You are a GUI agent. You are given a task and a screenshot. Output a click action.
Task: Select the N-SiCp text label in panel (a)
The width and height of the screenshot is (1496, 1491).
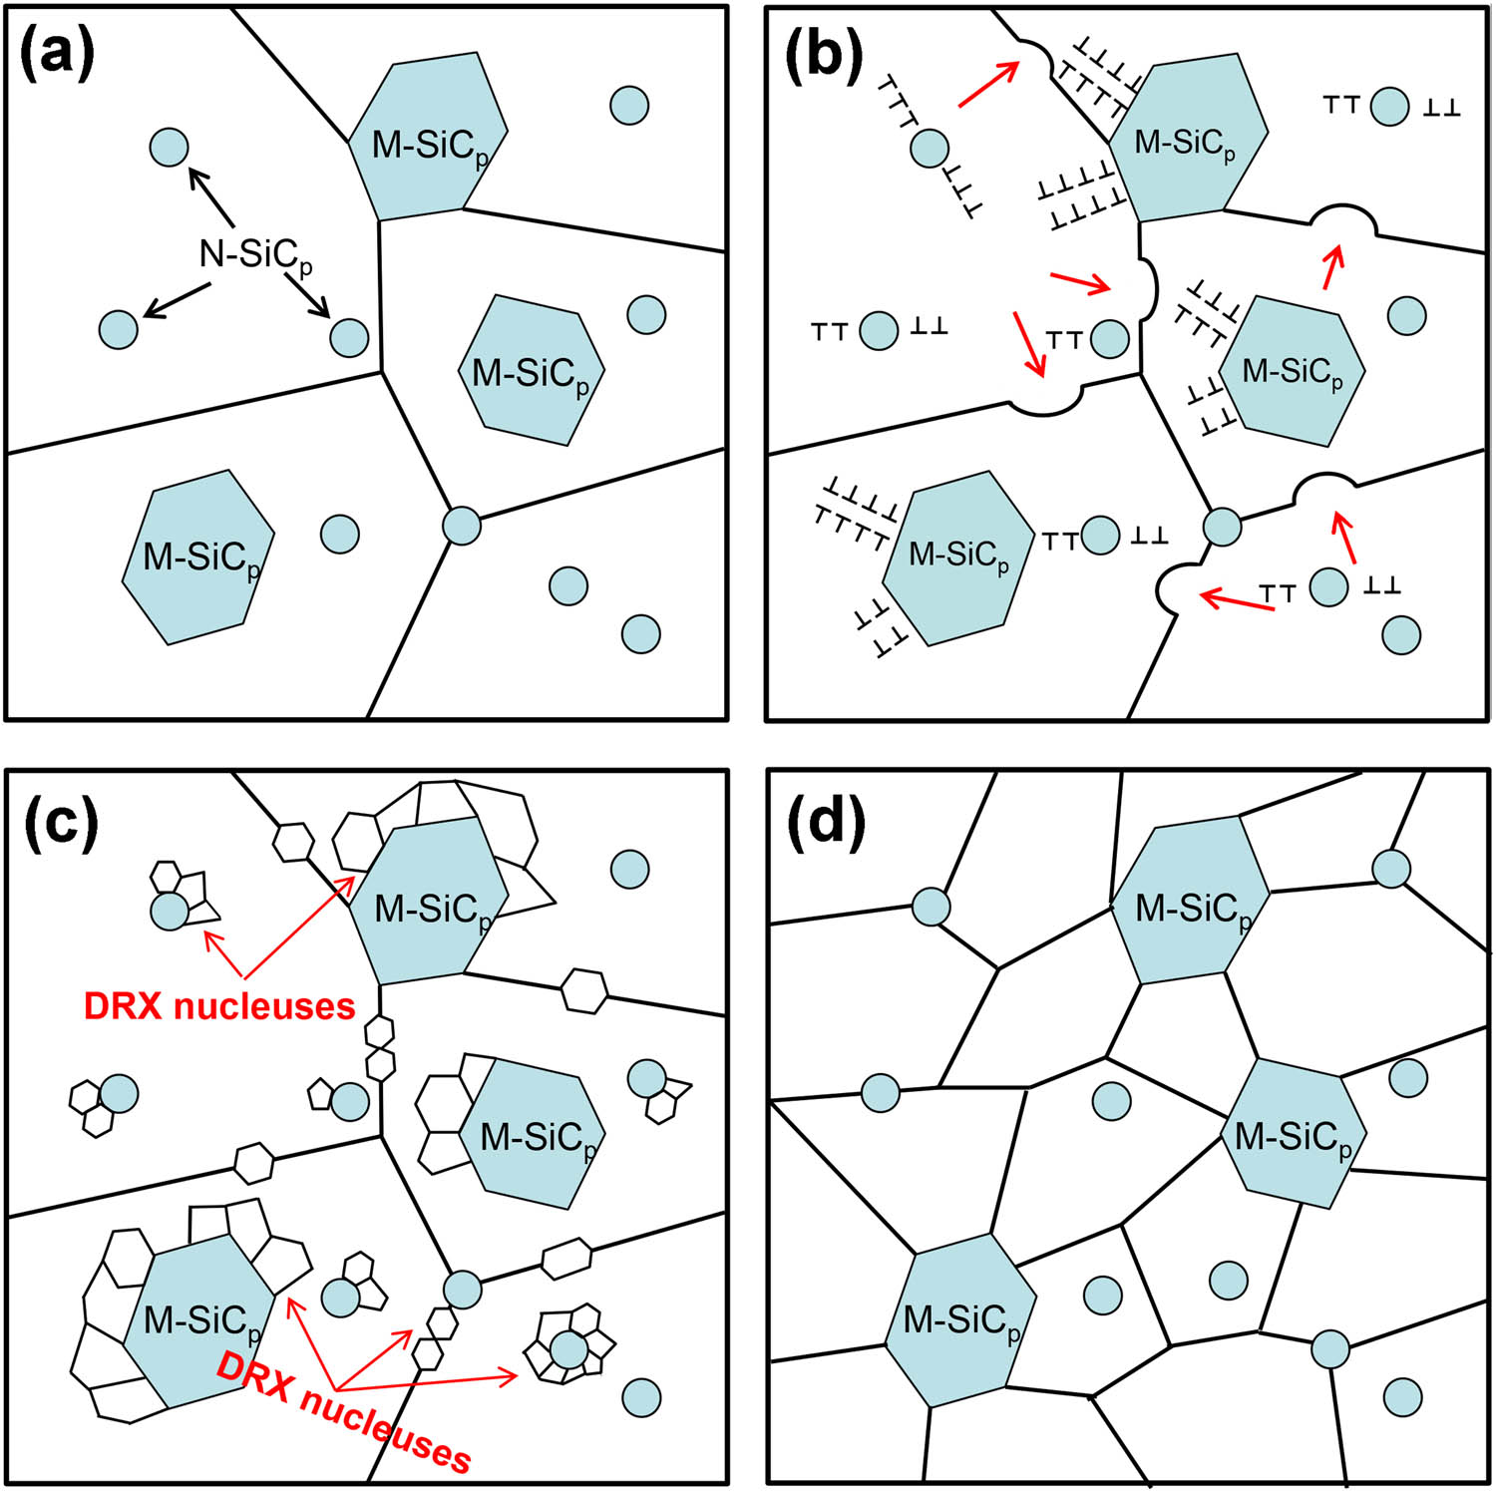[254, 255]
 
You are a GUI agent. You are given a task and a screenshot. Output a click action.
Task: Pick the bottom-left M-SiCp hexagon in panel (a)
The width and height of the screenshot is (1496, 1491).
[198, 557]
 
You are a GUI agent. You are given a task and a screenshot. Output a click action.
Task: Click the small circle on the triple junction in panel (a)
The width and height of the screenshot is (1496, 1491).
[461, 525]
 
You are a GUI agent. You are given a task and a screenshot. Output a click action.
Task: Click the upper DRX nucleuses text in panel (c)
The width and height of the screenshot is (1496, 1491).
[219, 1006]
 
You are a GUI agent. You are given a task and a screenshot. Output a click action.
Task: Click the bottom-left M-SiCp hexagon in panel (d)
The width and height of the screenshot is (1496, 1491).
[959, 1320]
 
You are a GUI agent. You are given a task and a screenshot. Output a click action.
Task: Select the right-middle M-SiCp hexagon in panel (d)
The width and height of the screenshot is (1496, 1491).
[1294, 1134]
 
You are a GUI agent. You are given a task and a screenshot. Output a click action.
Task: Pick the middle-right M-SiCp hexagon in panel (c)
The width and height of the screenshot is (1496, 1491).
[534, 1134]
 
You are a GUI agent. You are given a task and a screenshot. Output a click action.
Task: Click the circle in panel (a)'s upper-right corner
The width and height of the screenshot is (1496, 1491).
[629, 105]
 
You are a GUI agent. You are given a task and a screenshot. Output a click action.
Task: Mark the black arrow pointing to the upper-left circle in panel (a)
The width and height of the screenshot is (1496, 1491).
[211, 197]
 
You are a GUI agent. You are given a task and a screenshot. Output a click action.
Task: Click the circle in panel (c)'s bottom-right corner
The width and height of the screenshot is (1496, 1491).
[641, 1397]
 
